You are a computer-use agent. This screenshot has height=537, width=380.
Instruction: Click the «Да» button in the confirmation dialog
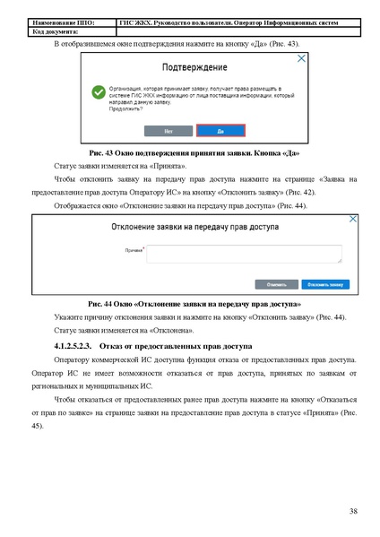pyautogui.click(x=220, y=129)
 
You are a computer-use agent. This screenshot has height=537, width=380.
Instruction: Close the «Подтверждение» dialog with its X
pyautogui.click(x=302, y=58)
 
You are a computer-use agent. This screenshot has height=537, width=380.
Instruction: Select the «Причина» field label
pyautogui.click(x=134, y=250)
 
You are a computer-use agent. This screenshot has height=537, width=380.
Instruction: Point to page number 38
pyautogui.click(x=354, y=510)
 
